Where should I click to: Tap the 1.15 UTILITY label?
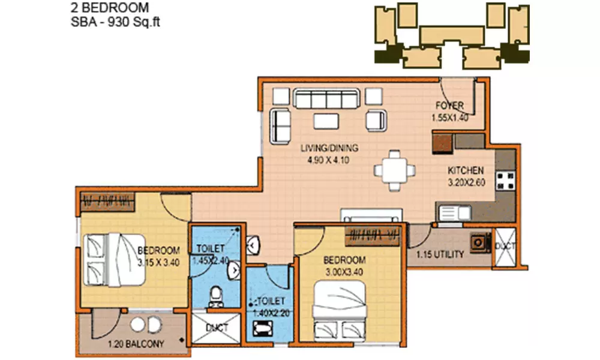click(440, 254)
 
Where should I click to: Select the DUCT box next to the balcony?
click(216, 328)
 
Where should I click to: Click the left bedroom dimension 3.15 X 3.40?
click(159, 262)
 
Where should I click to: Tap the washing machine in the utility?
click(478, 242)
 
